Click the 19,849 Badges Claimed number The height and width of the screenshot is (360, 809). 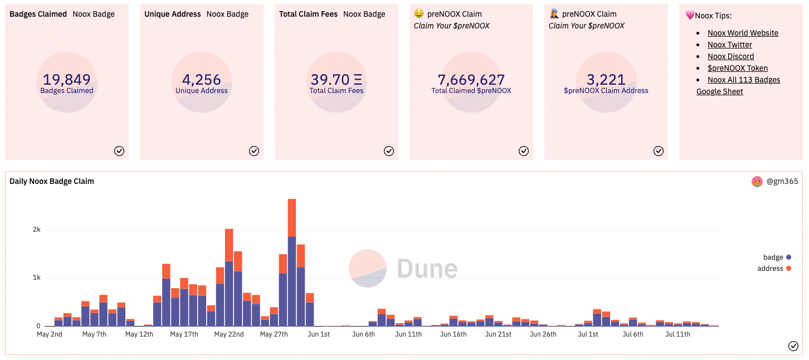pyautogui.click(x=67, y=80)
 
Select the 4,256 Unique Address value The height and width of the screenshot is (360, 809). pyautogui.click(x=202, y=80)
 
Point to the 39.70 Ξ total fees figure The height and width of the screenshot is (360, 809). pyautogui.click(x=337, y=80)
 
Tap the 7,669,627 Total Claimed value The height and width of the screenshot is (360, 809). pyautogui.click(x=471, y=80)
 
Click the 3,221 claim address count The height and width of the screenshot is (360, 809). pyautogui.click(x=606, y=80)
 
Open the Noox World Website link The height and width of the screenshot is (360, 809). pyautogui.click(x=743, y=33)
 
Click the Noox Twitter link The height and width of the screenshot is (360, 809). pyautogui.click(x=729, y=45)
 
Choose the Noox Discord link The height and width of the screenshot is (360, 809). pyautogui.click(x=730, y=56)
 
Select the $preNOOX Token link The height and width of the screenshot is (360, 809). pyautogui.click(x=738, y=68)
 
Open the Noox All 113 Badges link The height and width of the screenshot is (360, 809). pyautogui.click(x=744, y=80)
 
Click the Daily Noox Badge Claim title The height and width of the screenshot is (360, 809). pyautogui.click(x=52, y=181)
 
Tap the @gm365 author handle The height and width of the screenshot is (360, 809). pyautogui.click(x=782, y=181)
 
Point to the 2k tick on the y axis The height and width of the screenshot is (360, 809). pyautogui.click(x=36, y=230)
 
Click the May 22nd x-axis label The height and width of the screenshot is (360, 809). pyautogui.click(x=229, y=334)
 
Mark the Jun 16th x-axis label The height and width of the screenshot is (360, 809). pyautogui.click(x=454, y=334)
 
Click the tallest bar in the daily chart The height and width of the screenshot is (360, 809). pyautogui.click(x=292, y=262)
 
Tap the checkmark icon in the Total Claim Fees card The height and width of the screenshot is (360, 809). pyautogui.click(x=389, y=151)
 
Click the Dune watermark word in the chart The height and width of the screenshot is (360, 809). pyautogui.click(x=427, y=269)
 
